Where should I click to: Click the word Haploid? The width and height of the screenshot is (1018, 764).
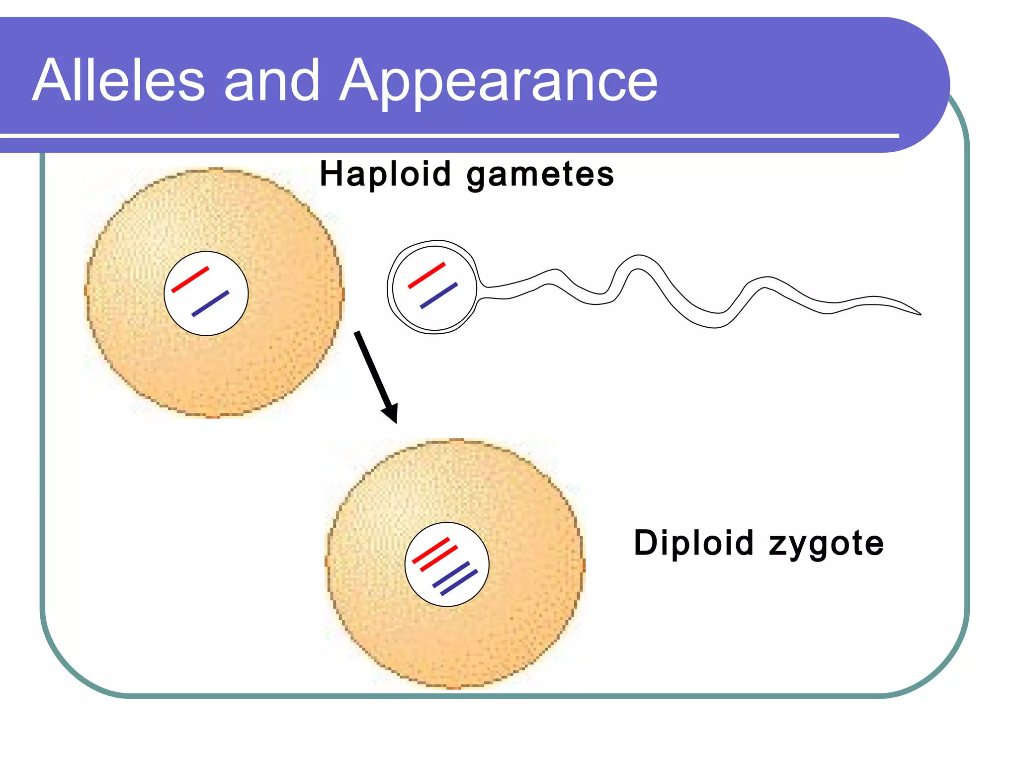[x=385, y=175]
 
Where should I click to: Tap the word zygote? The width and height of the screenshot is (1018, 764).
[x=826, y=544]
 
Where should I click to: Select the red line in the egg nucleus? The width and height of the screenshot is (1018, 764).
[x=190, y=280]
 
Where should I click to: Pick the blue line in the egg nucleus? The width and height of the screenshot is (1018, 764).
[x=210, y=303]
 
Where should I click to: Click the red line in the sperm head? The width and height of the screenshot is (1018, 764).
[x=426, y=275]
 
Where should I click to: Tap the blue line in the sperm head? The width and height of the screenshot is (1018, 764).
[x=439, y=295]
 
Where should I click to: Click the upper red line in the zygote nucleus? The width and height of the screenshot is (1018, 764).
[x=431, y=550]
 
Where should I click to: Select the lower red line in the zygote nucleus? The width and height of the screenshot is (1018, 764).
[x=439, y=559]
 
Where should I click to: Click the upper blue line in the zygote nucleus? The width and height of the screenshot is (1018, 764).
[x=451, y=574]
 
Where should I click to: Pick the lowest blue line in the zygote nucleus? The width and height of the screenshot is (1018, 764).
[x=459, y=582]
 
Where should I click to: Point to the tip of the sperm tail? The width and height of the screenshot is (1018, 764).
[x=919, y=314]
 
